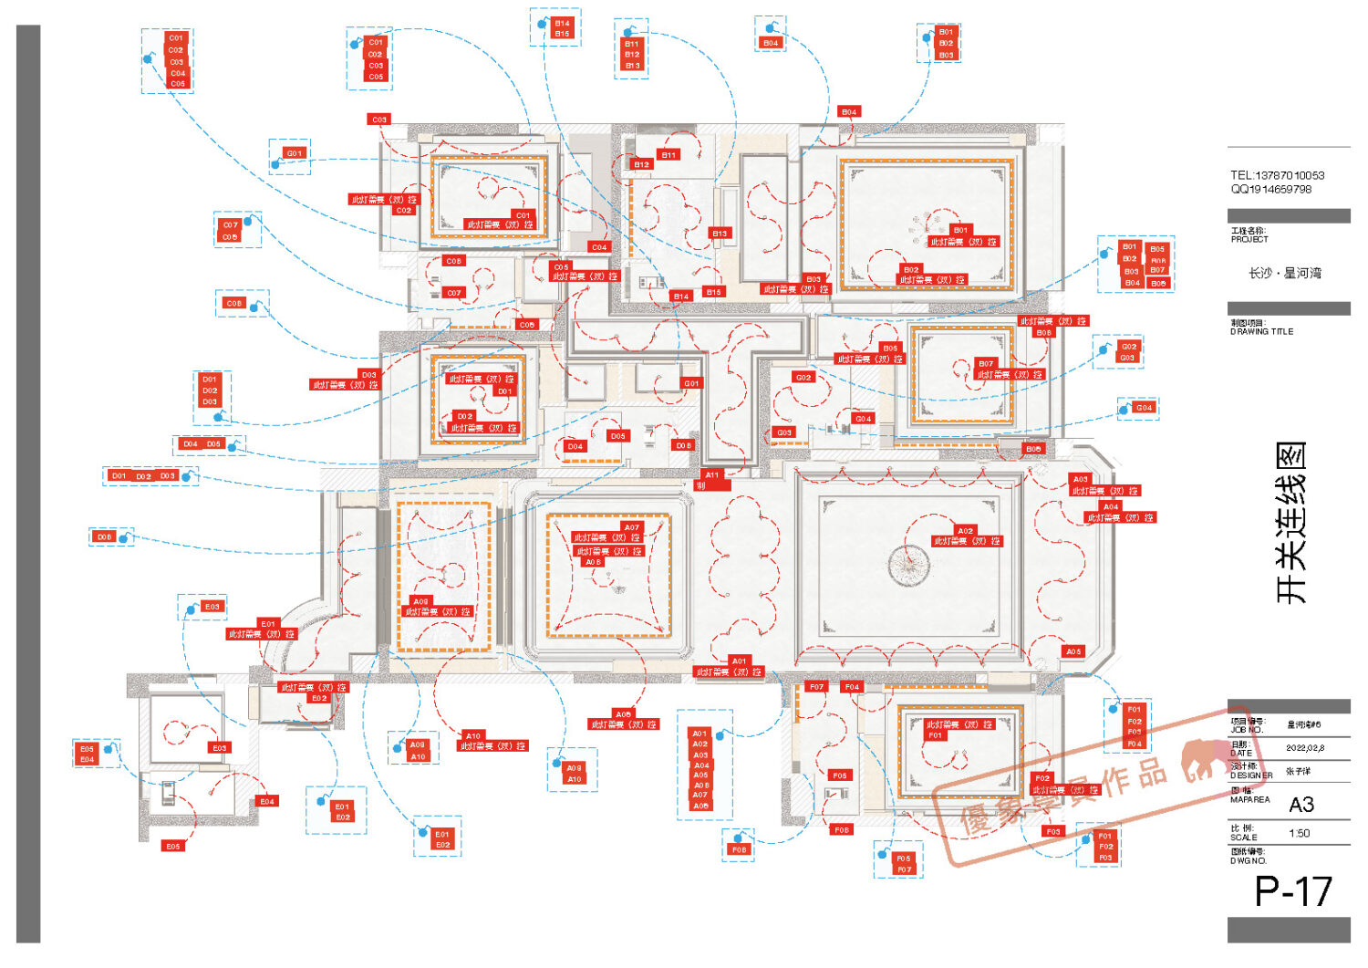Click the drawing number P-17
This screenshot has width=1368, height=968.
1292,891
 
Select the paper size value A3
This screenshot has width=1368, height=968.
1301,805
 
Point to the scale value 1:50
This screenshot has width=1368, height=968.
1300,833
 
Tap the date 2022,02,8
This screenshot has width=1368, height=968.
1305,748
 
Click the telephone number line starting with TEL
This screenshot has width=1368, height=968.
1277,175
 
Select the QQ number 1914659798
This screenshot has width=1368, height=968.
1271,190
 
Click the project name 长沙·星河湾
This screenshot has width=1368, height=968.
1284,273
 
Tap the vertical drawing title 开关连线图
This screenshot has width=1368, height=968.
1291,523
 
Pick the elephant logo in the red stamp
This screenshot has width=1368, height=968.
1203,761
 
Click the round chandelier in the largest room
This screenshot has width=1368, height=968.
909,565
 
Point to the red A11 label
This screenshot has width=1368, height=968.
712,474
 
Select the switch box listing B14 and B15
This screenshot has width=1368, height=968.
555,28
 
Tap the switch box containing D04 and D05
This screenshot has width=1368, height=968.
209,444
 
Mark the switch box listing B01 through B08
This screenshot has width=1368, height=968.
1136,265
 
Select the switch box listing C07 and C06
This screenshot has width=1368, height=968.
238,230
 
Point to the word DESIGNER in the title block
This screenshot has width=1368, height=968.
1251,775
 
